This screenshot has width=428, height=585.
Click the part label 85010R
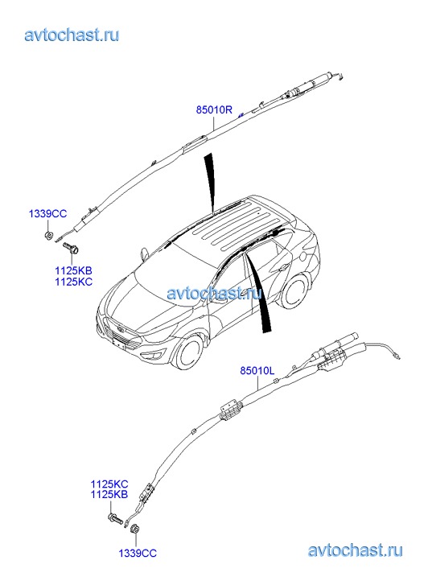click(x=214, y=109)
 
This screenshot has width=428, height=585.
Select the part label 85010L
click(x=257, y=370)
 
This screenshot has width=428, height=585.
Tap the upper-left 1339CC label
click(x=47, y=214)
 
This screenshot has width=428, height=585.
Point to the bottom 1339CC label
click(x=138, y=553)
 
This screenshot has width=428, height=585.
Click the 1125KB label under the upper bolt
click(x=73, y=270)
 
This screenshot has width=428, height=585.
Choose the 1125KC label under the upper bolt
click(x=73, y=282)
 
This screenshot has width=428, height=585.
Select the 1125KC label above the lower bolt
click(x=109, y=484)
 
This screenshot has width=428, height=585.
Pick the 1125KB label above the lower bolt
click(x=109, y=494)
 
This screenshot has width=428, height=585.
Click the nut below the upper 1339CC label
click(x=48, y=236)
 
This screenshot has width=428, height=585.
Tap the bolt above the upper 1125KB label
click(x=71, y=247)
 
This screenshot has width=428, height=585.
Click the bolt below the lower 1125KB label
click(x=115, y=518)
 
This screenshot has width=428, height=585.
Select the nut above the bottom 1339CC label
click(x=134, y=529)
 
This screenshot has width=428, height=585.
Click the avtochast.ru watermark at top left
click(x=72, y=35)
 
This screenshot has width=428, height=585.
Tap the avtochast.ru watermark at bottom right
click(x=356, y=550)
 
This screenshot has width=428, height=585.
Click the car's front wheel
click(x=191, y=352)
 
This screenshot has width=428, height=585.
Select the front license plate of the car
click(x=118, y=343)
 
